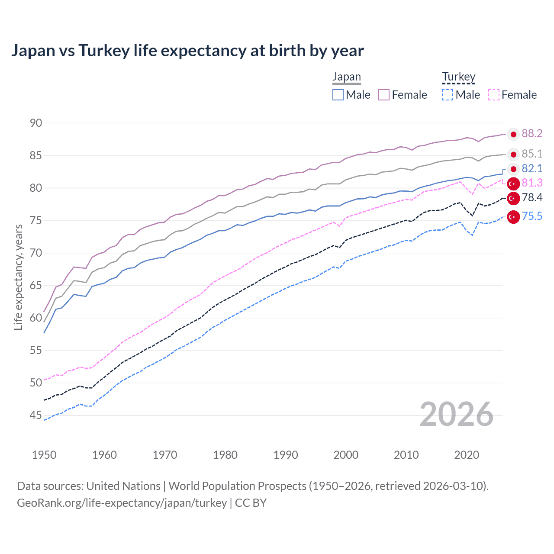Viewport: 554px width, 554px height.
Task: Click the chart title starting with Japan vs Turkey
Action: point(187,51)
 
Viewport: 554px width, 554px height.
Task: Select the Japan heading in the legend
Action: point(346,77)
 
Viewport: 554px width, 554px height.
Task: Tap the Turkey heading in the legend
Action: point(458,77)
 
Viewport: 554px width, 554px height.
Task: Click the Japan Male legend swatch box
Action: point(338,95)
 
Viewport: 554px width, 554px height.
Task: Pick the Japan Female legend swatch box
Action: point(384,95)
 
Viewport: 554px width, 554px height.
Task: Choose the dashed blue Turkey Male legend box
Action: point(448,95)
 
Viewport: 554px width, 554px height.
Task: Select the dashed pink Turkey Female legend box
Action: point(493,95)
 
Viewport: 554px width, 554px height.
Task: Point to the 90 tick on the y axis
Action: point(36,123)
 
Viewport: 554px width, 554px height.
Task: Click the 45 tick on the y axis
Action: point(36,415)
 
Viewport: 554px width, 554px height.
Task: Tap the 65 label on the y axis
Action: point(36,285)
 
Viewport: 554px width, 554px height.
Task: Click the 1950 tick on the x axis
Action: point(44,455)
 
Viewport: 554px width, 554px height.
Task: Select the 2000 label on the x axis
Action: point(346,455)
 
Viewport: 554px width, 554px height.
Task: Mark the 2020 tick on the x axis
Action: point(467,455)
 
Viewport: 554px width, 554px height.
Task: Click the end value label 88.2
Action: point(532,134)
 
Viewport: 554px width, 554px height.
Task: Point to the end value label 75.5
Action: point(532,216)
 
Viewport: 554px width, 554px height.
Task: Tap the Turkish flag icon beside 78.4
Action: point(513,198)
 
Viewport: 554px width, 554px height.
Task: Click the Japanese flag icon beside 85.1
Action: point(513,155)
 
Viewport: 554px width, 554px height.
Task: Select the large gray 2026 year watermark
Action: point(456,414)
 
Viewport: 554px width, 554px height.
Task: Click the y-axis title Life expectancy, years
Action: point(18,277)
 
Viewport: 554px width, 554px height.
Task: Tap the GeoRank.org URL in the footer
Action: point(122,503)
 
